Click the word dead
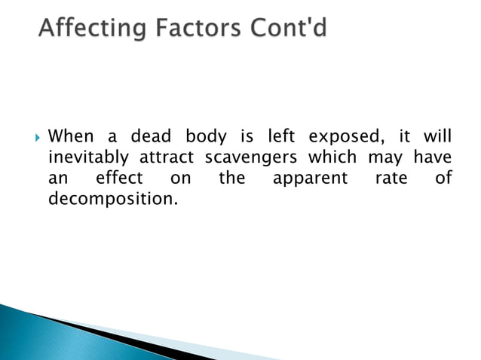(151, 137)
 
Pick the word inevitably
(89, 158)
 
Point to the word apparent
(310, 179)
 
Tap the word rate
(391, 179)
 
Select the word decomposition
(105, 200)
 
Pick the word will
(437, 137)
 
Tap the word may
(383, 158)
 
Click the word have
(432, 158)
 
